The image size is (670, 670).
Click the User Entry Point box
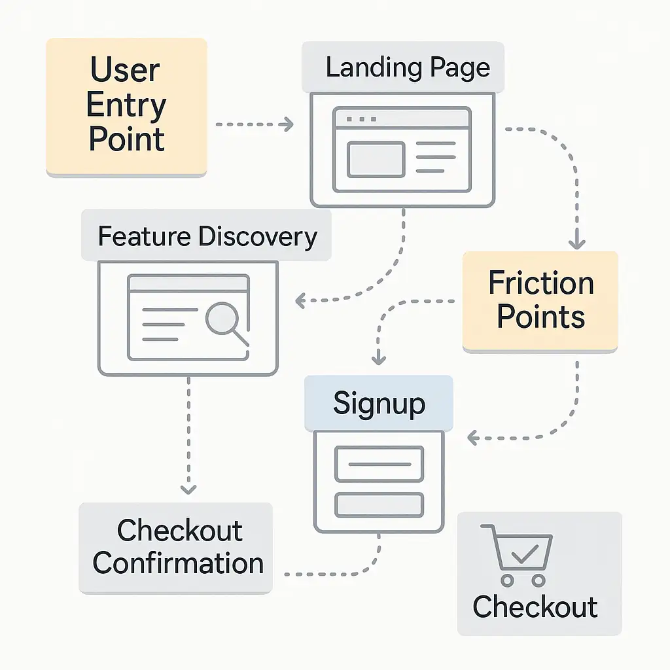126,107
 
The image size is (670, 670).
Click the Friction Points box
540,302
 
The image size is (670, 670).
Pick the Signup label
379,403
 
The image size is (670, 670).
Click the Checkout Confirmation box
175,548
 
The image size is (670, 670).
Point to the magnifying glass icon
227,323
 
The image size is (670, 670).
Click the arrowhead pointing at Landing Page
289,124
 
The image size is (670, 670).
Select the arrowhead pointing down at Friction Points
577,243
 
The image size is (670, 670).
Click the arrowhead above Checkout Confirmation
188,489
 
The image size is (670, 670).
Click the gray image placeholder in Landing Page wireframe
376,160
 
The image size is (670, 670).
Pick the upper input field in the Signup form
379,464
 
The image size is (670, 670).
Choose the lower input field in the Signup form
379,504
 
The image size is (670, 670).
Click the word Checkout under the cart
535,607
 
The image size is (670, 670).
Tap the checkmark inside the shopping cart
525,554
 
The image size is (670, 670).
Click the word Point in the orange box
126,139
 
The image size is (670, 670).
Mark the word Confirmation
178,563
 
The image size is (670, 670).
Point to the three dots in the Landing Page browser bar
361,119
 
